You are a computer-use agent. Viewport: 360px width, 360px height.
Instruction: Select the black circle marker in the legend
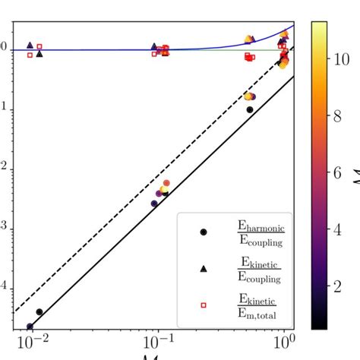point(203,232)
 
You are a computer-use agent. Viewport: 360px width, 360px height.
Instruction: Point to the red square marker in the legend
point(203,305)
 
